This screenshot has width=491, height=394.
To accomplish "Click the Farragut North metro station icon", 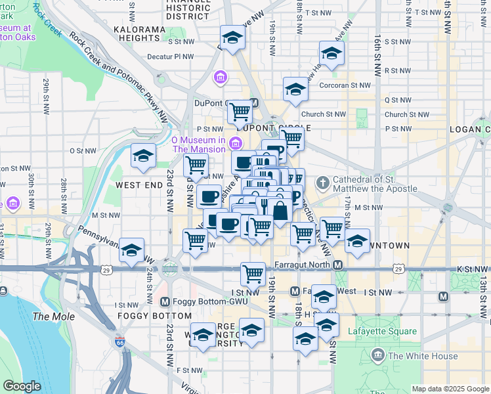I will pos(337,265).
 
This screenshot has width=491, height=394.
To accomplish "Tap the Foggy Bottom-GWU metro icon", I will pos(165,302).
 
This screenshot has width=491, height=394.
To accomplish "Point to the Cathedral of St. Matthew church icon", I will pos(323,182).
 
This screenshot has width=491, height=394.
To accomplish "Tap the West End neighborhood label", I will pos(139,186).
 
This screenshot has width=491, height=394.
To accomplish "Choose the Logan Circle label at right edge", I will pos(470,129).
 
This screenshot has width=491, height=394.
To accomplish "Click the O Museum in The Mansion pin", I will pos(233,144).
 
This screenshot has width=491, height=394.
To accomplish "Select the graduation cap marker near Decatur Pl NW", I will pos(232,39).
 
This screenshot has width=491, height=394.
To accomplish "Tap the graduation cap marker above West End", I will pos(143,156).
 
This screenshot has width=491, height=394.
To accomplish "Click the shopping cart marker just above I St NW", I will pos(253,273).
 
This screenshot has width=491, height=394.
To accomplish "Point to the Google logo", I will pos(22,386).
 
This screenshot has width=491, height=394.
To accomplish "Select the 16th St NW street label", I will pos(379,46).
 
